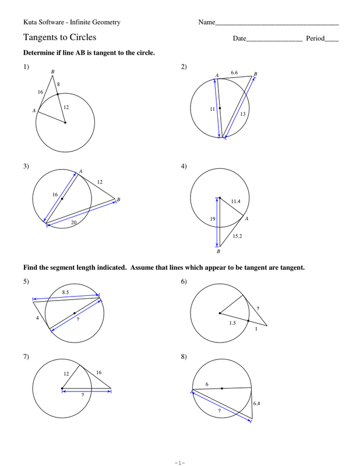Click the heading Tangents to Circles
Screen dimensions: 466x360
[x=59, y=37]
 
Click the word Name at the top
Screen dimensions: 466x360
[x=206, y=22]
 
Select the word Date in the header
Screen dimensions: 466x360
[x=239, y=38]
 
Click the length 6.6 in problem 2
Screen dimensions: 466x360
[x=234, y=73]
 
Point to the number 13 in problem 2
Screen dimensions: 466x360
[x=242, y=114]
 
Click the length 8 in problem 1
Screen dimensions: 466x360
[x=58, y=84]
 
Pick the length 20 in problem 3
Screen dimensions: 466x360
[x=73, y=222]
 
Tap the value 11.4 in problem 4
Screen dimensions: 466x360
[x=235, y=202]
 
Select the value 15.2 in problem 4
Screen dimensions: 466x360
[x=238, y=236]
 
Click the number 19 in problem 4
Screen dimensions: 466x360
[x=213, y=219]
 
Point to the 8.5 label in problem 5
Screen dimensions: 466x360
[x=66, y=292]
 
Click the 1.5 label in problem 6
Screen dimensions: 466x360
[x=232, y=322]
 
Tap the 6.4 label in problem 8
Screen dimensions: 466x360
[x=256, y=403]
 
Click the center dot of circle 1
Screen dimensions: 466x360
[x=65, y=122]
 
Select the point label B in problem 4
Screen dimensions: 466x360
[x=218, y=252]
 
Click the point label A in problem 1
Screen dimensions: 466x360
[x=34, y=110]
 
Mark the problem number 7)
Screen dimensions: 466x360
[x=26, y=357]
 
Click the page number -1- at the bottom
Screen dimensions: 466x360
[x=179, y=462]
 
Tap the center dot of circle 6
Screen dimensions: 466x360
[x=220, y=313]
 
